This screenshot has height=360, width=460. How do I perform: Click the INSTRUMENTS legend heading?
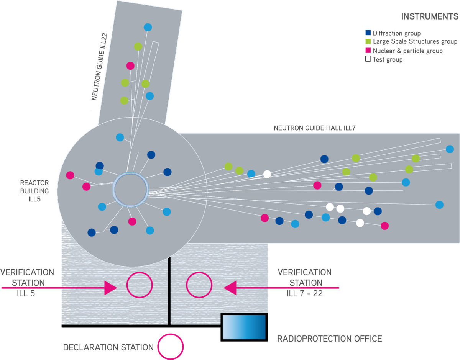(429, 17)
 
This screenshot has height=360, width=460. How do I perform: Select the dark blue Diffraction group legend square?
(368, 33)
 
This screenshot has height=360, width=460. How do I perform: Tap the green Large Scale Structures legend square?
(368, 42)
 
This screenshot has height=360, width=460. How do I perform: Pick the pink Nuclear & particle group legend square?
(368, 51)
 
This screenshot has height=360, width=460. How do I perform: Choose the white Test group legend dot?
(368, 59)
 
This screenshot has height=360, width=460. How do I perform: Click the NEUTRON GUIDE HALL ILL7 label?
(314, 128)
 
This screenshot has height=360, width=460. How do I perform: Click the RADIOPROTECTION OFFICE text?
(330, 339)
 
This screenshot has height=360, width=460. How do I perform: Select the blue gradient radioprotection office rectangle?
(244, 327)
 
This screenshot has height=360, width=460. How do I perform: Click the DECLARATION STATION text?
(108, 348)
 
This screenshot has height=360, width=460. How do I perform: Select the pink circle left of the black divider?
(140, 285)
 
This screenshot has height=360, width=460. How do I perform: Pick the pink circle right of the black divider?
(199, 285)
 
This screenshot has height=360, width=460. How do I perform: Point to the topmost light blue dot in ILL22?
(148, 27)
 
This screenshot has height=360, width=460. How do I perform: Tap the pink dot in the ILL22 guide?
(130, 65)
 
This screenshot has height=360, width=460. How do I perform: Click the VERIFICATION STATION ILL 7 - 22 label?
(305, 283)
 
